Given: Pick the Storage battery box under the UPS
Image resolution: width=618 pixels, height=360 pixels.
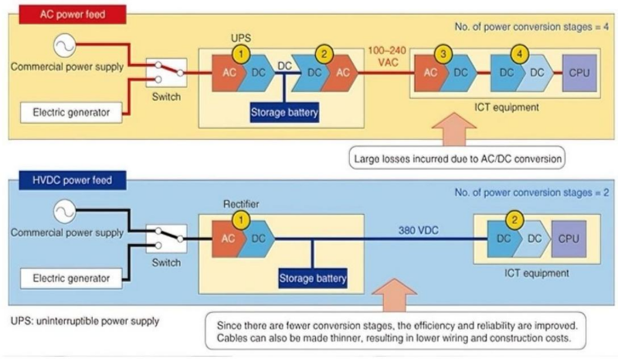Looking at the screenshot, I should (x=284, y=112).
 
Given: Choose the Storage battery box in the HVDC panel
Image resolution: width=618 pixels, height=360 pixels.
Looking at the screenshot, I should (x=313, y=277).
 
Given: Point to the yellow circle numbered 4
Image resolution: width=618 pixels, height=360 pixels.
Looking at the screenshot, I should (x=520, y=55).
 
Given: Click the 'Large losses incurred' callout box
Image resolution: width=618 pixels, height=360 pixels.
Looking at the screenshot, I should (x=455, y=161).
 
